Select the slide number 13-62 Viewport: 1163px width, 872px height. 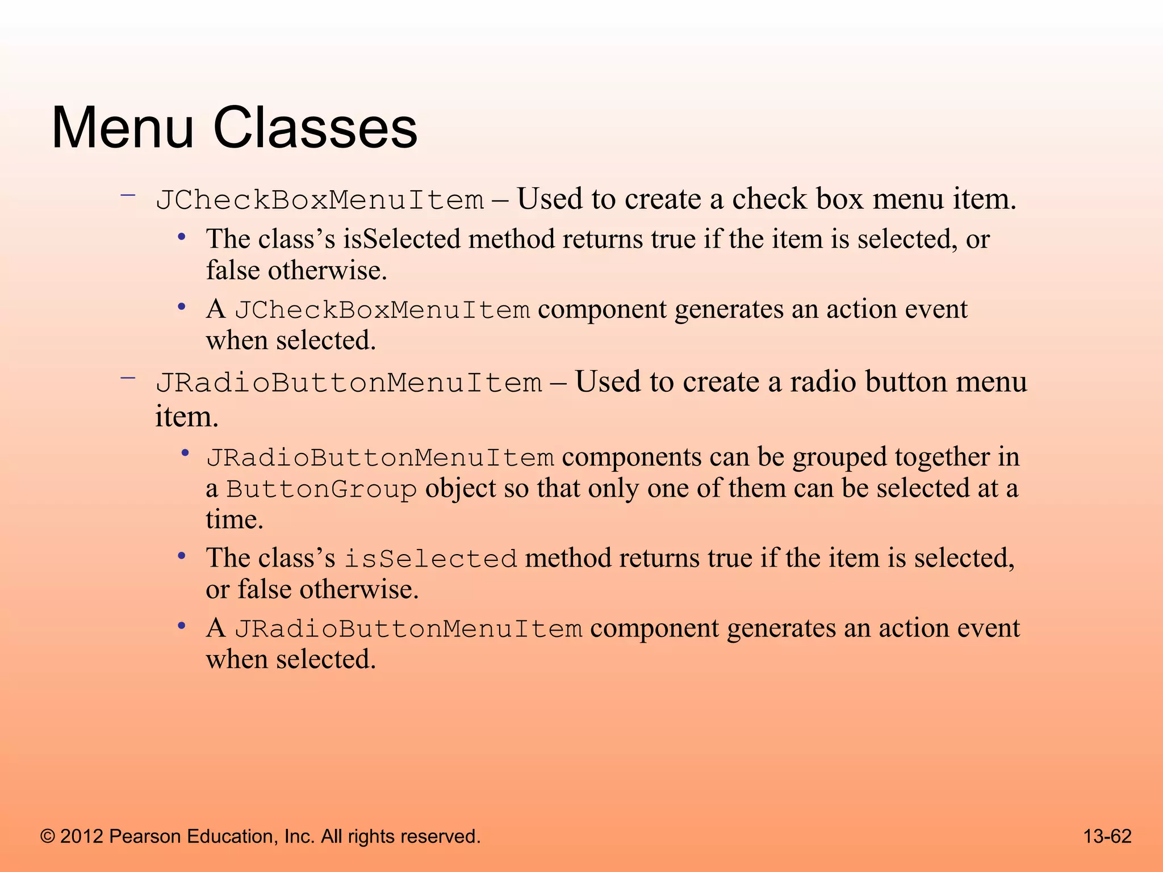tap(1107, 836)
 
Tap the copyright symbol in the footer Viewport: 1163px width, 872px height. tap(48, 837)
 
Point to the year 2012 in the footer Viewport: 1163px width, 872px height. tap(82, 837)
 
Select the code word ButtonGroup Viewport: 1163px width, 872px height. tap(321, 489)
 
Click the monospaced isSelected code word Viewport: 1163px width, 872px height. tap(431, 559)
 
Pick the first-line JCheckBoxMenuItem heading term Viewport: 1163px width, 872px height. tap(320, 200)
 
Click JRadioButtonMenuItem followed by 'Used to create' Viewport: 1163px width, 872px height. tap(349, 383)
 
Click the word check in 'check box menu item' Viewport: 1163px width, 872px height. tap(769, 199)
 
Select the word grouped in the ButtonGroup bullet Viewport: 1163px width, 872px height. tap(839, 458)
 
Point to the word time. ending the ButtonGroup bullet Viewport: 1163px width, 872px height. tap(235, 519)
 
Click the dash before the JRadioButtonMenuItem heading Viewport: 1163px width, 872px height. tap(128, 377)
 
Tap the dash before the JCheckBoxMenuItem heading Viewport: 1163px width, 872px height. tap(128, 195)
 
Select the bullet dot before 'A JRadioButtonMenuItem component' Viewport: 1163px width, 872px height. tap(182, 626)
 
